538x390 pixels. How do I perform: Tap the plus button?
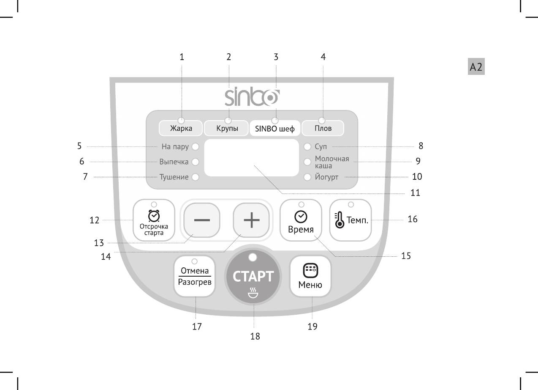pos(252,221)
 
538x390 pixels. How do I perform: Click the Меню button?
pos(310,277)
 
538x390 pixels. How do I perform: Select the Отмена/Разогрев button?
pos(195,277)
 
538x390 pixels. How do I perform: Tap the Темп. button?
pos(351,220)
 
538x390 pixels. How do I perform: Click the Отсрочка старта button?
pos(154,220)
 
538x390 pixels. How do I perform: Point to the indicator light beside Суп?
pos(307,147)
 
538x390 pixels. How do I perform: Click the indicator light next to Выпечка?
pos(195,162)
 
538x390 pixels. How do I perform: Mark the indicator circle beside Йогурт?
pos(307,177)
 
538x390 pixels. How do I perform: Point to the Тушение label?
pos(174,177)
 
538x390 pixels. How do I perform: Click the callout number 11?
pos(415,193)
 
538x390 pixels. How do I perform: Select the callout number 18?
pos(255,337)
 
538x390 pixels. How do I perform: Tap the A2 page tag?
pos(476,67)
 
